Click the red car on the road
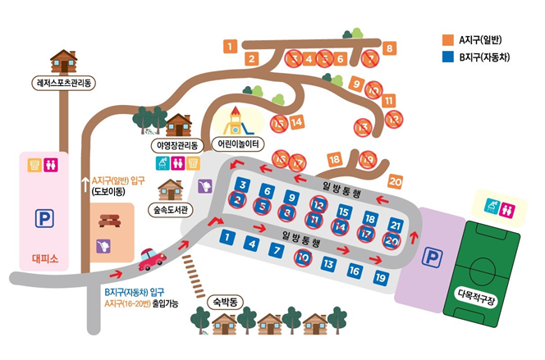(x=152, y=259)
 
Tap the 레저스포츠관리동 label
(x=63, y=84)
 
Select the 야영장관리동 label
(x=177, y=145)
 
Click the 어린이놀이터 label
(x=238, y=144)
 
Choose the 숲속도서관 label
(x=171, y=210)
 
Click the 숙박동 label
(x=225, y=302)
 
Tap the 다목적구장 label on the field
(x=476, y=298)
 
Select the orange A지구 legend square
(x=448, y=40)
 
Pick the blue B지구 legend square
(x=448, y=57)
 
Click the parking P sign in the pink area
(x=44, y=218)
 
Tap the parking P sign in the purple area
(x=432, y=257)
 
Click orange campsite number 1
(x=230, y=46)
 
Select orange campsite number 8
(x=389, y=48)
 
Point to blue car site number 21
(x=396, y=226)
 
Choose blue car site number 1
(x=227, y=238)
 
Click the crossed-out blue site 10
(x=303, y=257)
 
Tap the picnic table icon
(x=109, y=221)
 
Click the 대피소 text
(x=45, y=258)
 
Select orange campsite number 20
(x=395, y=181)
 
